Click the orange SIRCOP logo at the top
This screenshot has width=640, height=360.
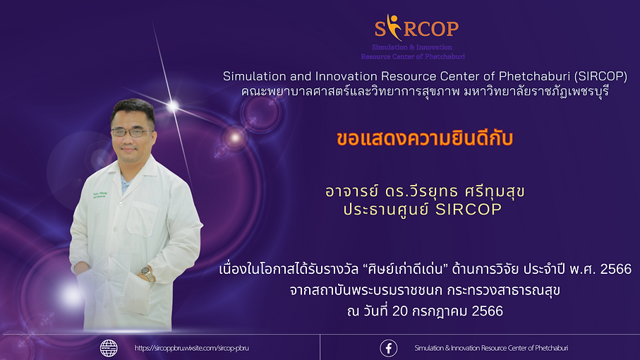tap(417, 28)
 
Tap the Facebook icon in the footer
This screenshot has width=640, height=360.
tap(389, 348)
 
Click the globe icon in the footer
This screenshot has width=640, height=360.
tap(109, 348)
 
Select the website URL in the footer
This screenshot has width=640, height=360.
tap(191, 348)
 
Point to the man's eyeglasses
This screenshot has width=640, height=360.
tap(131, 132)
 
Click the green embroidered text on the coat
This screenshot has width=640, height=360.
tap(100, 195)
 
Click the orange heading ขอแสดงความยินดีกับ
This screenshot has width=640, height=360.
tap(425, 139)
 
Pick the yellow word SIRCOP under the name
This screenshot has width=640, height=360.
tap(469, 210)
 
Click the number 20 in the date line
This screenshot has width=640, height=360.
tap(399, 311)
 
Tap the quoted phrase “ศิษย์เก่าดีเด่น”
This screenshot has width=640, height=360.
tap(405, 269)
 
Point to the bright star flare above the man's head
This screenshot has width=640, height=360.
tap(173, 106)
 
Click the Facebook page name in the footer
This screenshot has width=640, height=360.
tap(491, 348)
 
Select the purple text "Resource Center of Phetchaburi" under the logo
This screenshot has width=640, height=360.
tap(413, 56)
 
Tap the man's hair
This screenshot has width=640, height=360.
tap(133, 109)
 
